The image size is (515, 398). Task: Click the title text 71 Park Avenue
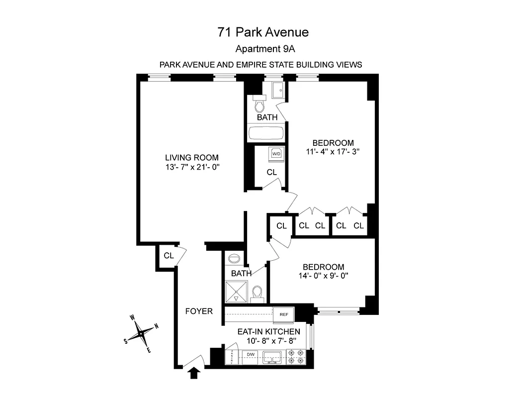tap(263, 32)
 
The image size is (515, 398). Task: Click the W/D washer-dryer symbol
tap(276, 154)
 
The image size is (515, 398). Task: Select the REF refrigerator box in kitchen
tap(284, 314)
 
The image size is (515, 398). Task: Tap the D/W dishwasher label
tap(251, 355)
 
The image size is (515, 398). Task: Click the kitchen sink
tap(272, 356)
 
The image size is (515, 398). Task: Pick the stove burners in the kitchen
tap(296, 356)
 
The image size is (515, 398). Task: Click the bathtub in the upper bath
tap(266, 134)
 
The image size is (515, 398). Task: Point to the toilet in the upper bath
tap(259, 105)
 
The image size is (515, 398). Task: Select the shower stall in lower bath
tap(236, 292)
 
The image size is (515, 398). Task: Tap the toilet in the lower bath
tap(257, 293)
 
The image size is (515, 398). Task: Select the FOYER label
tap(199, 311)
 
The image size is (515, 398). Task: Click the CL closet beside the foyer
tap(169, 256)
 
